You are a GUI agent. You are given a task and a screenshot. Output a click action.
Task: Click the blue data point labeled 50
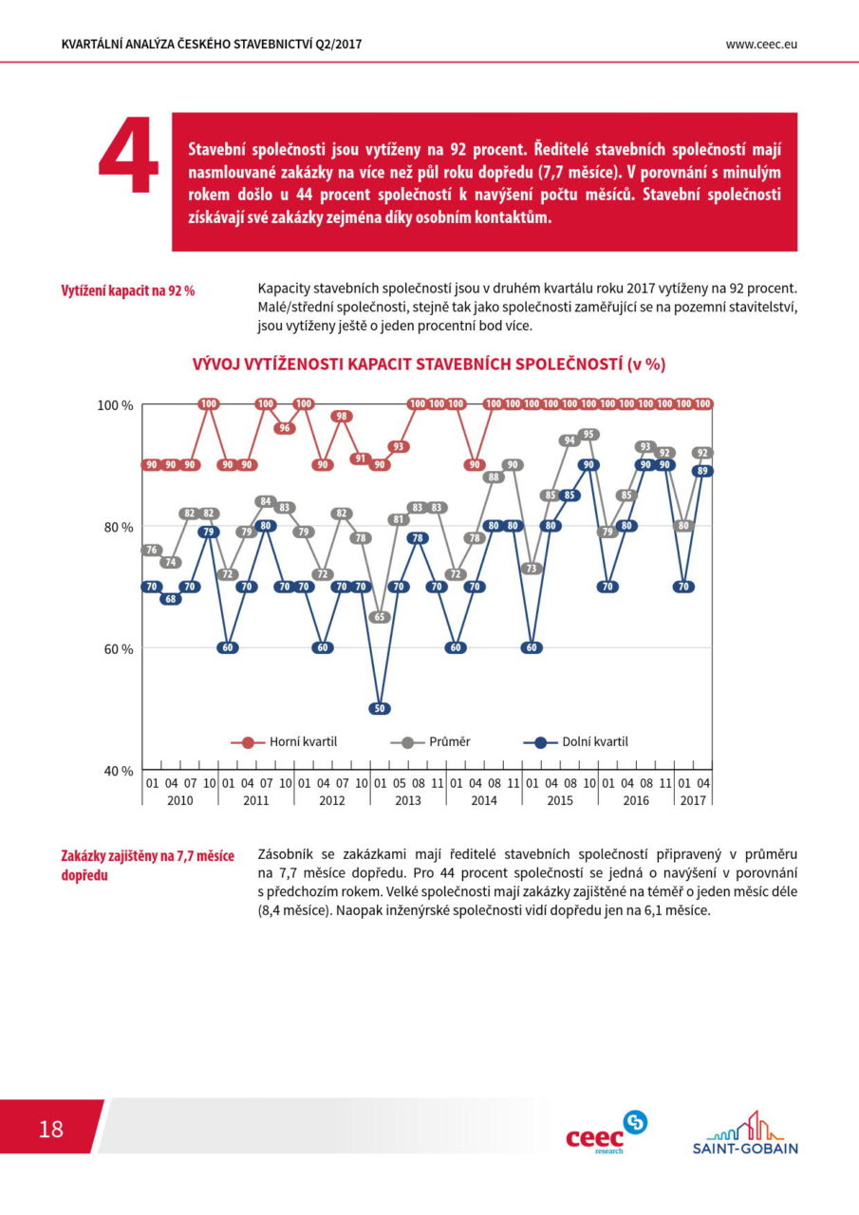click(380, 708)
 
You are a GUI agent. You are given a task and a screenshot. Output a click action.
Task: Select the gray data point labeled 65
click(380, 617)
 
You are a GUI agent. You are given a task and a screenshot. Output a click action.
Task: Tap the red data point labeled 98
click(342, 416)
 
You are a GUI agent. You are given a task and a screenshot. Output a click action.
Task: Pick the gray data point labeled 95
click(588, 435)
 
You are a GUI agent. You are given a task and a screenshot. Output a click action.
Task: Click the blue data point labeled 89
click(702, 471)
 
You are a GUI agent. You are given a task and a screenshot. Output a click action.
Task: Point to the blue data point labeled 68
click(171, 599)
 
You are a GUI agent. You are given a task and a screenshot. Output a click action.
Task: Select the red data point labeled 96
click(285, 428)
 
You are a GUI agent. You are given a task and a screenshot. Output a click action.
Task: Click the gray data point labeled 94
click(570, 440)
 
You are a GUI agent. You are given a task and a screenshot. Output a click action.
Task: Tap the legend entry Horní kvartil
click(284, 742)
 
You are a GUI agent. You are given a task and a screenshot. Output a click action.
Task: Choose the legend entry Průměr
click(430, 742)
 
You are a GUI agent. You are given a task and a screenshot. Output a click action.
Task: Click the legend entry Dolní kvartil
click(575, 742)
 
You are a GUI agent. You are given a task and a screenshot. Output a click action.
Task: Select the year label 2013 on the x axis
click(408, 800)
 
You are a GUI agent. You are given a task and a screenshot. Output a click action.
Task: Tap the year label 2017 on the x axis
click(693, 800)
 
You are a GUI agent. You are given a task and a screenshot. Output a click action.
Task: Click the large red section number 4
click(128, 155)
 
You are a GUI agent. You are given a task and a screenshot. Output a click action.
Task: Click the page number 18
click(51, 1129)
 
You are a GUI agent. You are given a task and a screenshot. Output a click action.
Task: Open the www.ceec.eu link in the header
click(761, 45)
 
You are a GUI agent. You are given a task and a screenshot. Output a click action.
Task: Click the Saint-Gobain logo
click(745, 1132)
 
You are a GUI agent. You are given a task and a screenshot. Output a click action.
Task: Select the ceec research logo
click(607, 1132)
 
